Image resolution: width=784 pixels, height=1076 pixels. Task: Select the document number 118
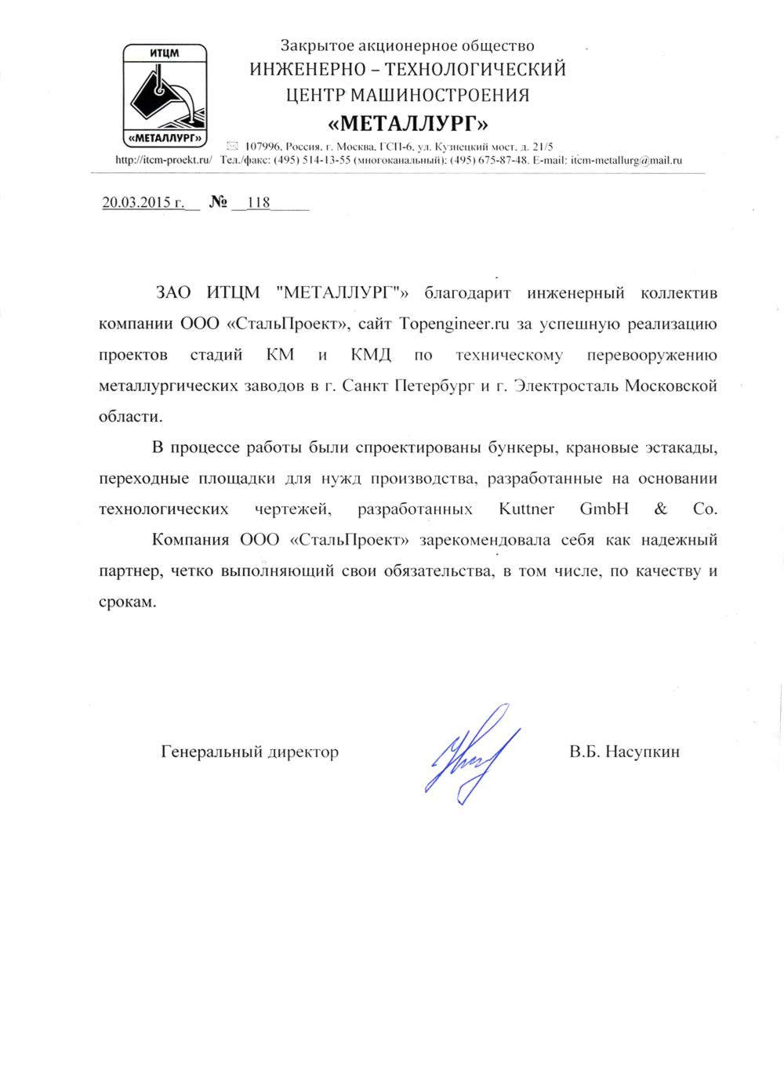coord(258,203)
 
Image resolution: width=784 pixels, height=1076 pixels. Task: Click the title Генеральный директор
coord(249,752)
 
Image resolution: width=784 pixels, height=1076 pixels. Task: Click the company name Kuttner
coord(526,509)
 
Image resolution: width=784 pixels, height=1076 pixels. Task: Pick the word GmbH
coord(604,509)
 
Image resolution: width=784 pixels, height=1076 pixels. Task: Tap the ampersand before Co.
coord(660,509)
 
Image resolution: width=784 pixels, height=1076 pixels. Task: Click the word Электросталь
coord(564,386)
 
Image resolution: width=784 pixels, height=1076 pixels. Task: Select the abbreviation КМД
coord(371,355)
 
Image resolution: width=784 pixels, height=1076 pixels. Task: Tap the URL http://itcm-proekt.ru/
coord(164,160)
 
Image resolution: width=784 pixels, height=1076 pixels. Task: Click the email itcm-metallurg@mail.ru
coord(626,160)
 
